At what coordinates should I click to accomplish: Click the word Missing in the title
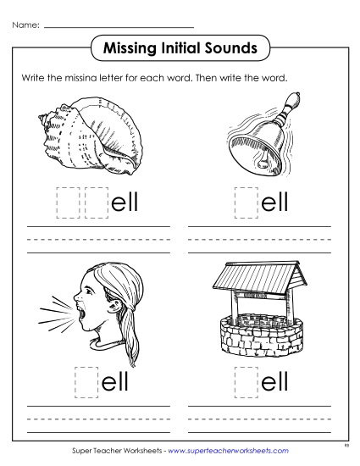click(127, 48)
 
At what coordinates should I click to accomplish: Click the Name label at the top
click(25, 26)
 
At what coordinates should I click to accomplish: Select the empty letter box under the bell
click(246, 201)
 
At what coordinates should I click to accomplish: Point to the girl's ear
click(108, 293)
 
